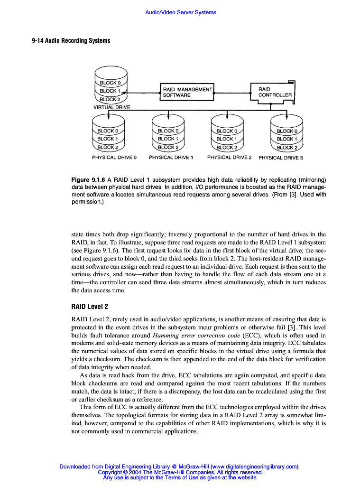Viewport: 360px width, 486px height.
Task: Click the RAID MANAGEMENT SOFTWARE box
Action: coord(187,92)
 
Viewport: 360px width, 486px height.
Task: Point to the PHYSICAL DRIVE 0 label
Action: coord(114,157)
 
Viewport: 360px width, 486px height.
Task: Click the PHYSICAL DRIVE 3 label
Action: coord(280,158)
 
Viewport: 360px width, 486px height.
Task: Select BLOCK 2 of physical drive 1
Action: coord(168,147)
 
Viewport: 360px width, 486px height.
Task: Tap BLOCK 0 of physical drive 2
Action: coord(227,131)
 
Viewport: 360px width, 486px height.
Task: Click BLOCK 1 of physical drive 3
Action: coord(286,139)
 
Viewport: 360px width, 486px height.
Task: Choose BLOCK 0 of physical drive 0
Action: coord(108,131)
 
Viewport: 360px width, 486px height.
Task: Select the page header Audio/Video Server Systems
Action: coord(180,12)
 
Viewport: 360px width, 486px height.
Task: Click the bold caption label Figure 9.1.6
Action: coord(88,180)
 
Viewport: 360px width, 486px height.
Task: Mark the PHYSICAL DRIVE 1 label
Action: coord(171,157)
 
